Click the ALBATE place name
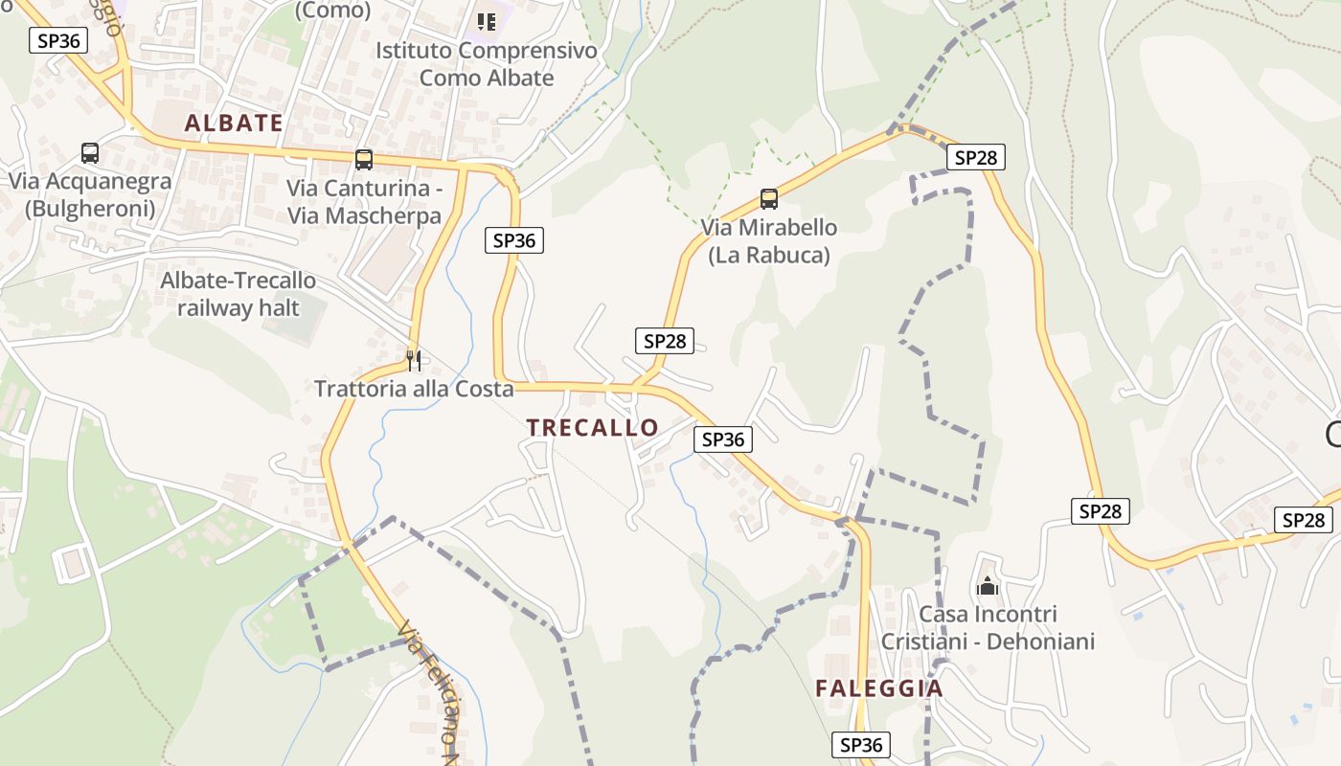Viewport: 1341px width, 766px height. coord(234,123)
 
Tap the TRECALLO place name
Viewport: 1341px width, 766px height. coord(593,428)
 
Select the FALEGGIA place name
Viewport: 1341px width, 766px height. coord(879,688)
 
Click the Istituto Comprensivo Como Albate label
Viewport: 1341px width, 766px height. coord(487,64)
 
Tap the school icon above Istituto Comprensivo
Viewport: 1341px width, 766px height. coord(487,21)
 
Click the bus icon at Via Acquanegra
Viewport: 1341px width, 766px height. coord(90,153)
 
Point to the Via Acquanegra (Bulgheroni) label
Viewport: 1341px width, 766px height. coord(90,194)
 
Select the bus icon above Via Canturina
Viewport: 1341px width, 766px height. coord(364,160)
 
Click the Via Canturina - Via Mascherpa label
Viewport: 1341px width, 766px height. coord(364,201)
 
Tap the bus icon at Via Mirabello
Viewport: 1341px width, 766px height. coord(769,199)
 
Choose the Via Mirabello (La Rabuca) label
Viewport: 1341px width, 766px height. coord(769,241)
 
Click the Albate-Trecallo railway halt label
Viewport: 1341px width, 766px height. coord(239,294)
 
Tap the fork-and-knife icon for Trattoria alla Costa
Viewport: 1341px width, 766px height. coord(414,361)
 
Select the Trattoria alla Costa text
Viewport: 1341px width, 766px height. coord(414,390)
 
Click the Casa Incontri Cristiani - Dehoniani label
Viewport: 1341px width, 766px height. coord(988,627)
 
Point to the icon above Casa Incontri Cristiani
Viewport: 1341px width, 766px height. coord(988,586)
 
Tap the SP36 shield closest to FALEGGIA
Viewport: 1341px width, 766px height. coord(860,745)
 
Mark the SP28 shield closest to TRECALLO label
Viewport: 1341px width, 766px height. coord(664,341)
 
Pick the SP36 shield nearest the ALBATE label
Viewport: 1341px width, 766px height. coord(59,40)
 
